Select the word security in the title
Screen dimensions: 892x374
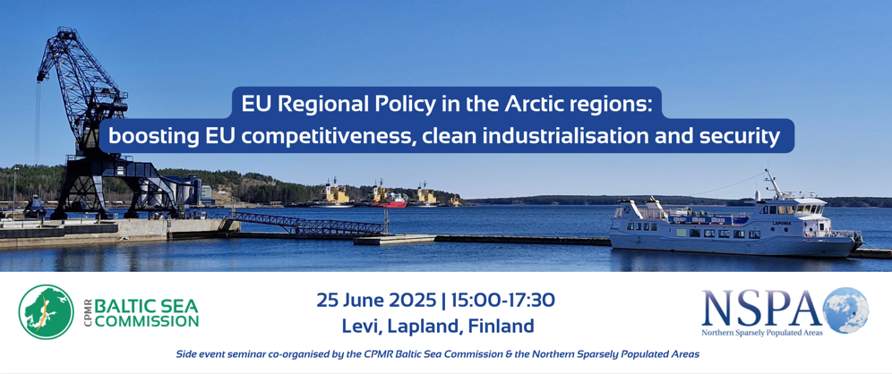tap(746, 138)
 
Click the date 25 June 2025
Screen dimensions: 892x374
tap(377, 300)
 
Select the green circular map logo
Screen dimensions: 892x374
tap(46, 312)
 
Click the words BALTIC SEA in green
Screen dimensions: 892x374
tap(146, 306)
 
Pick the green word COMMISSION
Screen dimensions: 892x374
tap(146, 322)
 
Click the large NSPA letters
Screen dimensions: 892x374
tap(761, 308)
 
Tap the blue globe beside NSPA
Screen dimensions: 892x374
tap(845, 310)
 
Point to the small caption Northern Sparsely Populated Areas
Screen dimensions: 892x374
tap(762, 333)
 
